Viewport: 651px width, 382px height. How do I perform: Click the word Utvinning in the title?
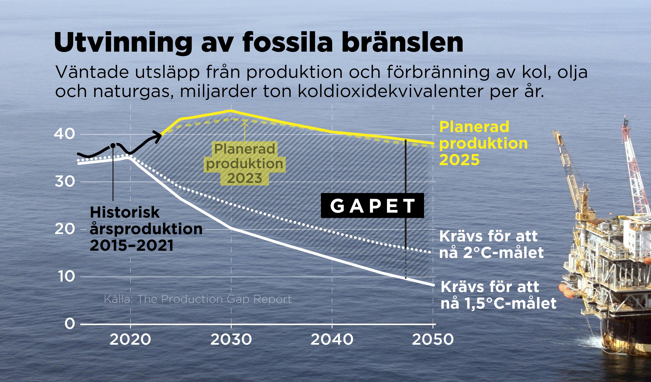(x=123, y=43)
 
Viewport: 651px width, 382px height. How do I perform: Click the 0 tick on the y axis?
(x=70, y=324)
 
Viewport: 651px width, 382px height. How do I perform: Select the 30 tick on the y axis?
(x=65, y=182)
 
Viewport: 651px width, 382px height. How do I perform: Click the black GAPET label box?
(x=372, y=206)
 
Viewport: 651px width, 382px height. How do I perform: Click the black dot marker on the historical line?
(x=113, y=146)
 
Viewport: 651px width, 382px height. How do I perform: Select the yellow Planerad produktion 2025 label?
(x=483, y=143)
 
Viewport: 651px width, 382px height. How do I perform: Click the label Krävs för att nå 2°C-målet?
(x=492, y=244)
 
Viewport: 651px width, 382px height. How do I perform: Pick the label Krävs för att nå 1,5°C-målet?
(x=498, y=295)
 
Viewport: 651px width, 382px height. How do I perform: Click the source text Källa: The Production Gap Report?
(x=198, y=299)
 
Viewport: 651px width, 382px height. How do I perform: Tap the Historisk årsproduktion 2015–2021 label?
(x=146, y=229)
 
